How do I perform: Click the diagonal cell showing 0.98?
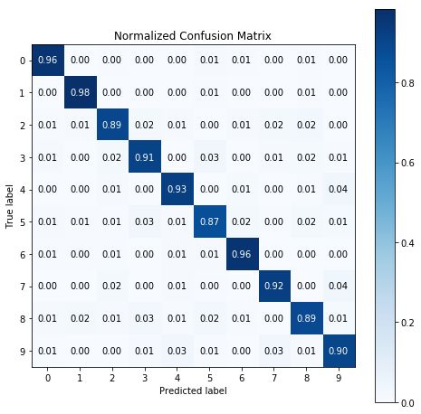pos(79,92)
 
